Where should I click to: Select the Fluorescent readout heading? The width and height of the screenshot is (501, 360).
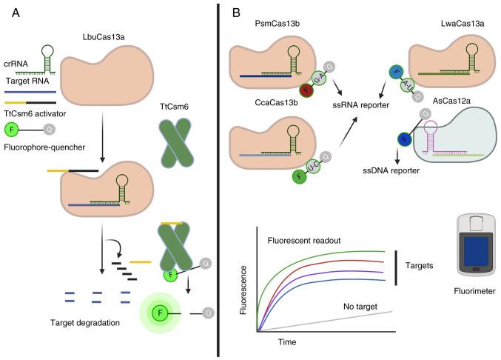pos(306,239)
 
